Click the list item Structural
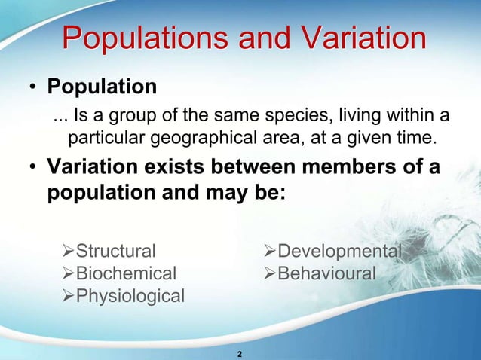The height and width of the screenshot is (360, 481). point(116,251)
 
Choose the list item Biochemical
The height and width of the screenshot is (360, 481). point(126,273)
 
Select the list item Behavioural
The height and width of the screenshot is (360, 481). point(326,273)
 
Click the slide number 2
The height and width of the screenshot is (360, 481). point(240,354)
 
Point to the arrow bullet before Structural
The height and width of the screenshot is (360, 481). point(67,251)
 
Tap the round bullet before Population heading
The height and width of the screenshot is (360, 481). point(34,88)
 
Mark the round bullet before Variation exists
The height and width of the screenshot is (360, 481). point(34,167)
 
